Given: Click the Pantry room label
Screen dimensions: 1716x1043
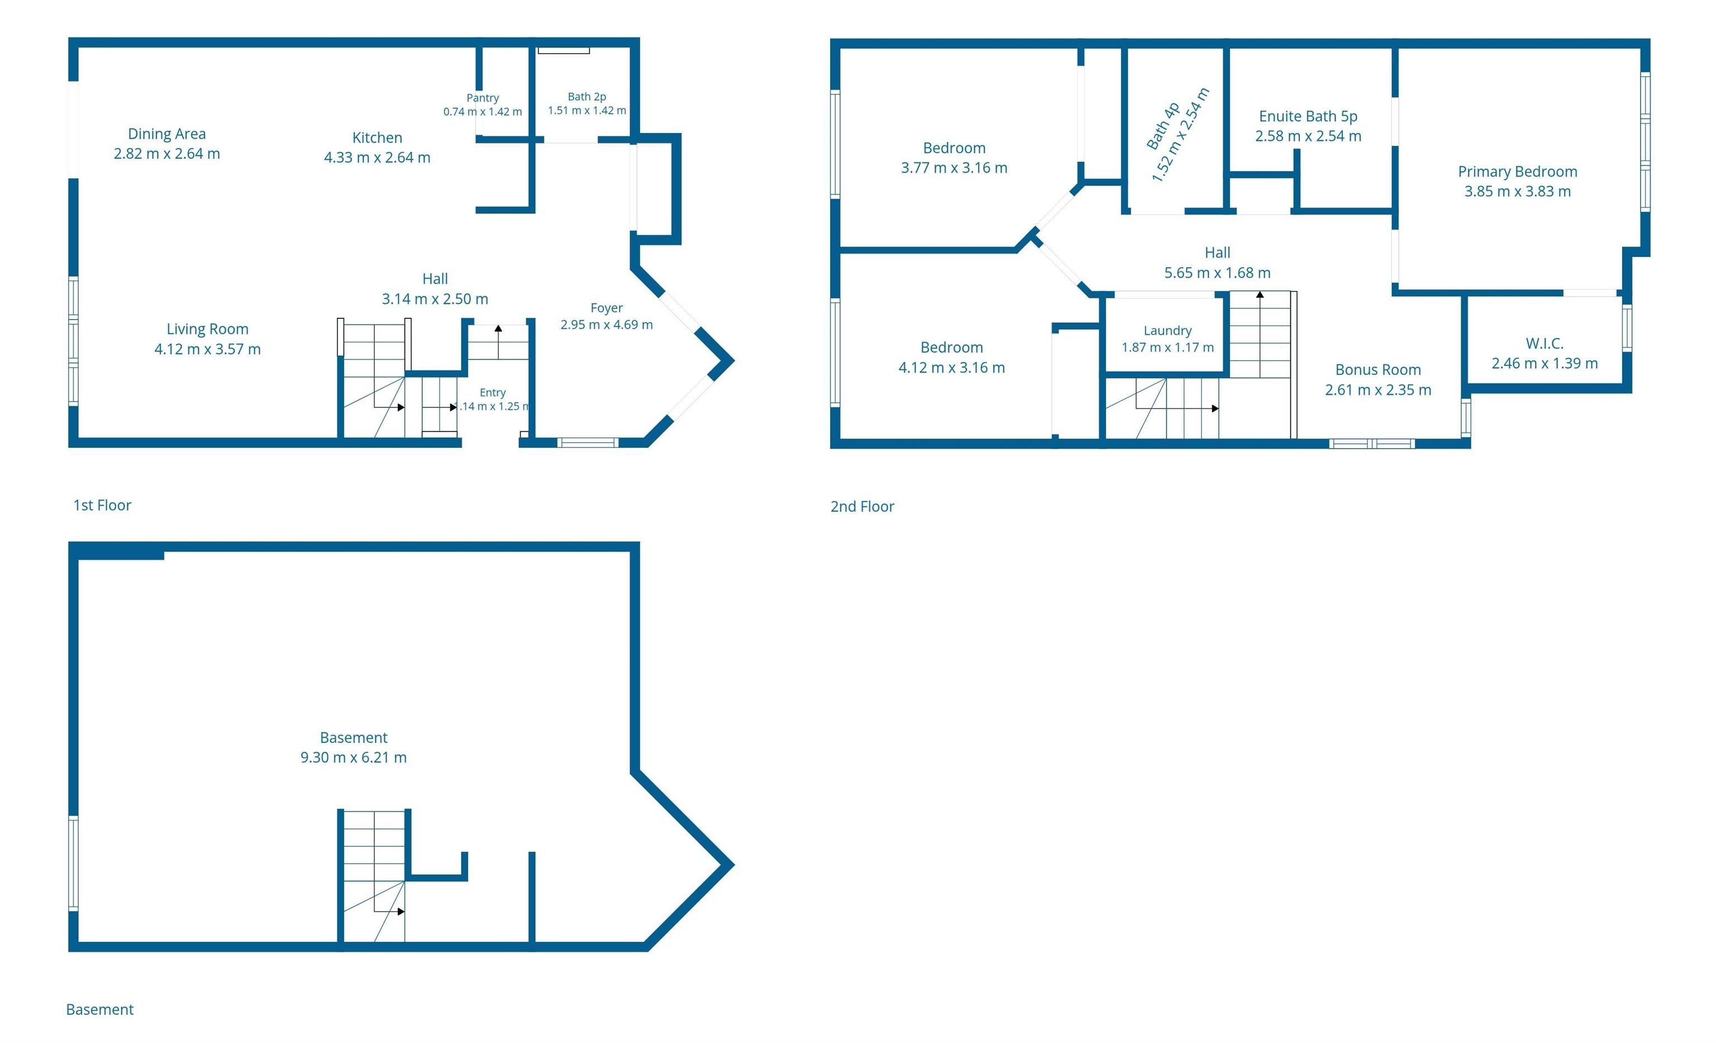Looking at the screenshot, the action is pyautogui.click(x=483, y=98).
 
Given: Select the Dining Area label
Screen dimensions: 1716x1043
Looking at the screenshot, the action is pyautogui.click(x=166, y=134).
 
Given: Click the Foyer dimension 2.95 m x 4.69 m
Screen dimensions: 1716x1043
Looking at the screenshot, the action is pyautogui.click(x=607, y=325).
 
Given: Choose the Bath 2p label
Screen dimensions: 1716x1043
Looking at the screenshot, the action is pyautogui.click(x=587, y=97).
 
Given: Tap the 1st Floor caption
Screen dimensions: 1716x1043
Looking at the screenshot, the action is pyautogui.click(x=102, y=505).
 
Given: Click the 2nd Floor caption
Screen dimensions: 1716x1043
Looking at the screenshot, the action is pyautogui.click(x=862, y=507).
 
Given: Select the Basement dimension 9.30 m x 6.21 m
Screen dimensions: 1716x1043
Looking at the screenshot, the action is pyautogui.click(x=353, y=758).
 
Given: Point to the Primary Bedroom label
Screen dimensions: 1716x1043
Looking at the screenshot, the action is pyautogui.click(x=1518, y=172).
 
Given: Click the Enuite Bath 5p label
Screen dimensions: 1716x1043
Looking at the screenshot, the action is pyautogui.click(x=1308, y=116).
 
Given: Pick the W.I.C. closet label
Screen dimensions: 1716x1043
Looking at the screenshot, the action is pyautogui.click(x=1545, y=344).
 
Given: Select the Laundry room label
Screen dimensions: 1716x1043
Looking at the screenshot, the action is pyautogui.click(x=1167, y=331).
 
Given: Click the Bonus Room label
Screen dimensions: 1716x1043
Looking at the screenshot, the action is pyautogui.click(x=1377, y=370).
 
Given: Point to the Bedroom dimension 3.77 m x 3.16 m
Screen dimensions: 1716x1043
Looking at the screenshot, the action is pyautogui.click(x=954, y=168).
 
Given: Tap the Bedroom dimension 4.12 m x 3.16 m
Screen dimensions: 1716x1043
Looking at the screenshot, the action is pyautogui.click(x=951, y=368).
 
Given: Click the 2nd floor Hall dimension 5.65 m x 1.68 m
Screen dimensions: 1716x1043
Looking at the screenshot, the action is pyautogui.click(x=1217, y=273).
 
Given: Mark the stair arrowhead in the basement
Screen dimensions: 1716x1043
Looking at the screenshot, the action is pyautogui.click(x=401, y=911).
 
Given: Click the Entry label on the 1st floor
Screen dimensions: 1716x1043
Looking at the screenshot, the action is pyautogui.click(x=492, y=393).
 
